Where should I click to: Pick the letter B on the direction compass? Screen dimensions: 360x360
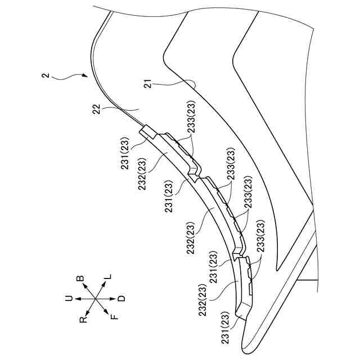tap(80, 279)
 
